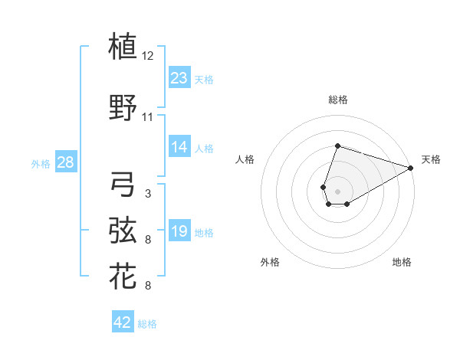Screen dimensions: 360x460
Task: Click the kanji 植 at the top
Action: (123, 47)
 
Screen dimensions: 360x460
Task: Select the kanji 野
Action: (123, 110)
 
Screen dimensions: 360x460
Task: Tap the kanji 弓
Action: (123, 184)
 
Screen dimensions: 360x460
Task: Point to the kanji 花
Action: (123, 277)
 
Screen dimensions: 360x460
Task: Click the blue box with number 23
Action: (179, 78)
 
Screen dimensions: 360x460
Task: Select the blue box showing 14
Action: (179, 148)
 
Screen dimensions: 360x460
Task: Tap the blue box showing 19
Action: (179, 232)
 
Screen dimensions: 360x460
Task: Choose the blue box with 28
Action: (65, 162)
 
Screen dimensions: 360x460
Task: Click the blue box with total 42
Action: (123, 322)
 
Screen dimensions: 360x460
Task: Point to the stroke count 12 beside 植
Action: (148, 56)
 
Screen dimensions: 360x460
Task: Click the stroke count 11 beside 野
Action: (148, 117)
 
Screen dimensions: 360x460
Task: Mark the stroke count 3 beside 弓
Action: (148, 193)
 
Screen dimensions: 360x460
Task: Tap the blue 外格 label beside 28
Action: (41, 163)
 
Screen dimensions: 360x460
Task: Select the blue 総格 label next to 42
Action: (147, 324)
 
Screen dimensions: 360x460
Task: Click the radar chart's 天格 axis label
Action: (431, 159)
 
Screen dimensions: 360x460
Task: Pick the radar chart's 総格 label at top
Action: (337, 100)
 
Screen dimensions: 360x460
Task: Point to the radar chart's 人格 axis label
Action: (245, 159)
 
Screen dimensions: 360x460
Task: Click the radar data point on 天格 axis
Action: (411, 168)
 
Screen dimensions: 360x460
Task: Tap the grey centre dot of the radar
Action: (337, 190)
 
